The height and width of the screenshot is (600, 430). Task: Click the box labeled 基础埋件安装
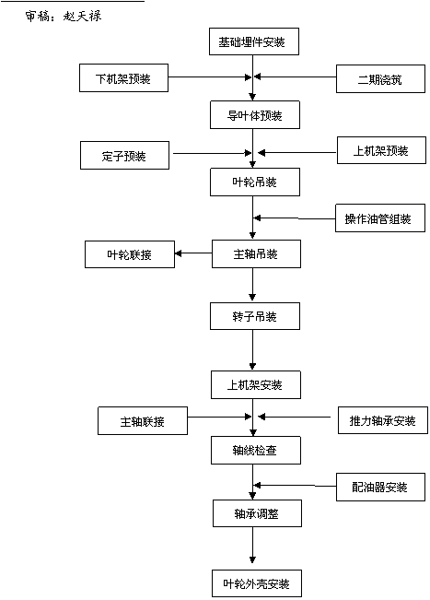click(x=254, y=41)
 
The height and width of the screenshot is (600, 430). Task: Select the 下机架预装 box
click(x=123, y=78)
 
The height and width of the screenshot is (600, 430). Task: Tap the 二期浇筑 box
click(x=380, y=79)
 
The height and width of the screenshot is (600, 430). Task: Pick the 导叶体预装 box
click(x=255, y=115)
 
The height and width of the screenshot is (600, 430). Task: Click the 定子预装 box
click(x=124, y=156)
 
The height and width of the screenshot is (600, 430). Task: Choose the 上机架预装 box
click(x=381, y=150)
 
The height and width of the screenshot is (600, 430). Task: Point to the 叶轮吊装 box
click(x=255, y=182)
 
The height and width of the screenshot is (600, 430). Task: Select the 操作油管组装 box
click(x=380, y=218)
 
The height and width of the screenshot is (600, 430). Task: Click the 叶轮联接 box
click(x=130, y=254)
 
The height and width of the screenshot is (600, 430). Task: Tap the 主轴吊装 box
click(x=257, y=253)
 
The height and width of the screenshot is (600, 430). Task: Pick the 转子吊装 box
click(x=255, y=316)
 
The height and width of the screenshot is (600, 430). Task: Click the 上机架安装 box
click(x=256, y=384)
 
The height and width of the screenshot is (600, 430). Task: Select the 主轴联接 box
click(x=143, y=421)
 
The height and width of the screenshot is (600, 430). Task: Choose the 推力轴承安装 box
click(x=383, y=420)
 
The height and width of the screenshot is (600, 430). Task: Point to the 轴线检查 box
click(x=256, y=451)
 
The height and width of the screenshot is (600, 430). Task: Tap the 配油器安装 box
click(x=380, y=488)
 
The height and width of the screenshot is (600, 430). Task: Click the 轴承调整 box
click(x=257, y=513)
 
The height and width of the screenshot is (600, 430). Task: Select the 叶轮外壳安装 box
click(x=257, y=583)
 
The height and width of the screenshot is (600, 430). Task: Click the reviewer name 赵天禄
click(x=82, y=16)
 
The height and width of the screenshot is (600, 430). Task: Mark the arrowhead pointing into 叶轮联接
click(x=178, y=253)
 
